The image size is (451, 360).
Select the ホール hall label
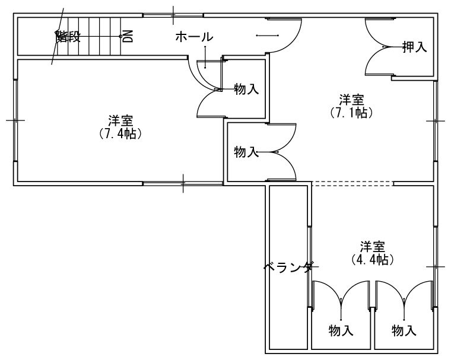click(x=194, y=37)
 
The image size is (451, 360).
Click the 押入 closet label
click(x=415, y=47)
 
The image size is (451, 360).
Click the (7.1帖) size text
click(x=351, y=112)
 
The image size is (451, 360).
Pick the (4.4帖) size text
click(x=373, y=259)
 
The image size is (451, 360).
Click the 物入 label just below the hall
click(x=246, y=90)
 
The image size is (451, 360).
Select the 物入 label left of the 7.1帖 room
click(x=246, y=152)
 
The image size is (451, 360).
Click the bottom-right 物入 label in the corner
click(x=404, y=330)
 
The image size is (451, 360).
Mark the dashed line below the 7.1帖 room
click(x=352, y=183)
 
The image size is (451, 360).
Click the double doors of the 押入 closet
click(x=379, y=46)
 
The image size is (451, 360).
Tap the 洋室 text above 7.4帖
click(x=120, y=120)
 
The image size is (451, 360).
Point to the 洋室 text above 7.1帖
click(x=351, y=99)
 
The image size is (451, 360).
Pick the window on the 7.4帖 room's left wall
click(x=15, y=120)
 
